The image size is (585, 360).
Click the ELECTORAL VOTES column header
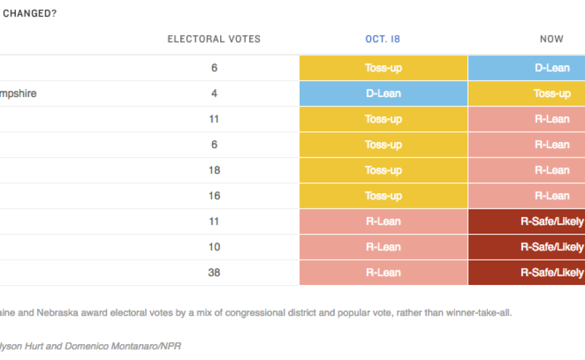[213, 39]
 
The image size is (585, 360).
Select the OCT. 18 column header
[383, 39]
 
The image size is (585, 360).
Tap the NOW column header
[551, 39]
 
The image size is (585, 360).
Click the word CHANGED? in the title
[30, 13]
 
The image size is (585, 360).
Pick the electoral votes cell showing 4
[214, 94]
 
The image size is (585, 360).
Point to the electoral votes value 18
[214, 170]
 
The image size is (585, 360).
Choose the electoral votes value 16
[214, 196]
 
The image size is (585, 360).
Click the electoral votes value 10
[214, 247]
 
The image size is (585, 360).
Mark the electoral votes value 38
[214, 272]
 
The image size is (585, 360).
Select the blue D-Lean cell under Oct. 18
[384, 94]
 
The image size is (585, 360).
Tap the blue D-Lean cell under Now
[526, 68]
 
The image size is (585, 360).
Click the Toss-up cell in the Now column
[526, 94]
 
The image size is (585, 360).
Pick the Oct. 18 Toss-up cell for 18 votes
[384, 170]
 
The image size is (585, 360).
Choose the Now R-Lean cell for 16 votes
[526, 196]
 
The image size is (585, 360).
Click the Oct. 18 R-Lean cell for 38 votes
[384, 272]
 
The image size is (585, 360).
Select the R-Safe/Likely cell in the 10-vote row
[526, 247]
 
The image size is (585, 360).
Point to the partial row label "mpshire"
[18, 94]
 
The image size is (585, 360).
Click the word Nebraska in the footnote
[45, 313]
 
